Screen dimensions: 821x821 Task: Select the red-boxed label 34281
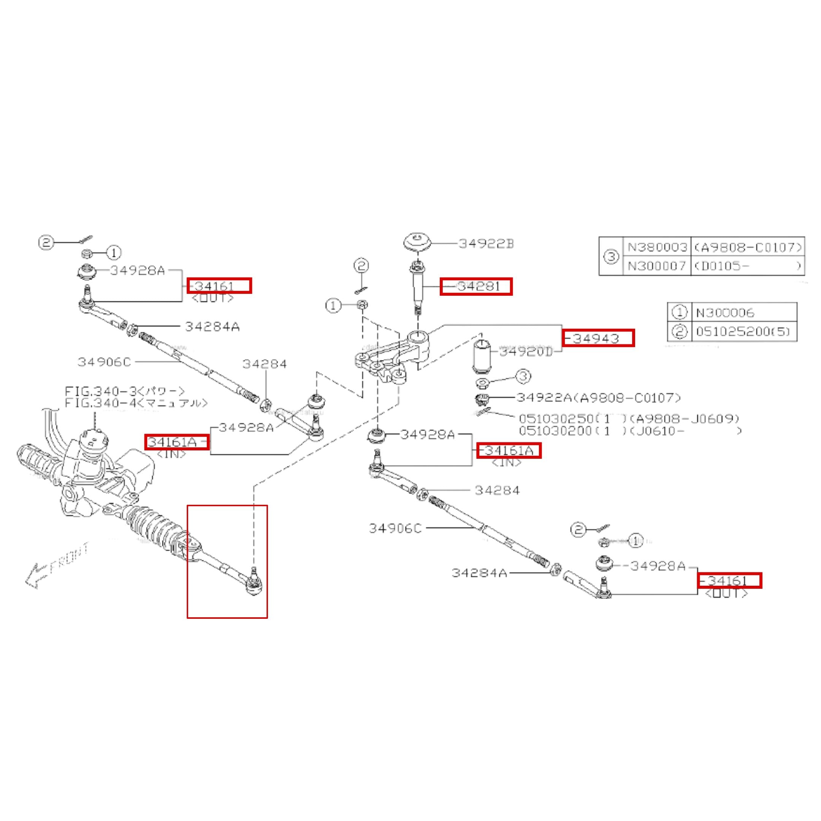476,287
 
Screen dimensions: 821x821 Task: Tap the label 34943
598,338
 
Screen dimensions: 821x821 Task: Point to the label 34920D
526,352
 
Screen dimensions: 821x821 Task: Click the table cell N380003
657,247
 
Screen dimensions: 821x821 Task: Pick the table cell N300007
657,266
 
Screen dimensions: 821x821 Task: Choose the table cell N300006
725,313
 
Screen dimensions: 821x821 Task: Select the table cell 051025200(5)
743,331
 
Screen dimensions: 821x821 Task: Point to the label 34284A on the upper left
212,327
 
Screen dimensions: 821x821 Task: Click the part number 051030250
556,419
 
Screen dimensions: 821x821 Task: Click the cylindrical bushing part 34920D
482,355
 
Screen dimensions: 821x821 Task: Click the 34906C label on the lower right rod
395,528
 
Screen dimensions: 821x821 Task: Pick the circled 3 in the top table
611,257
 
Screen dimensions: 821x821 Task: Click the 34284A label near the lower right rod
479,573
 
